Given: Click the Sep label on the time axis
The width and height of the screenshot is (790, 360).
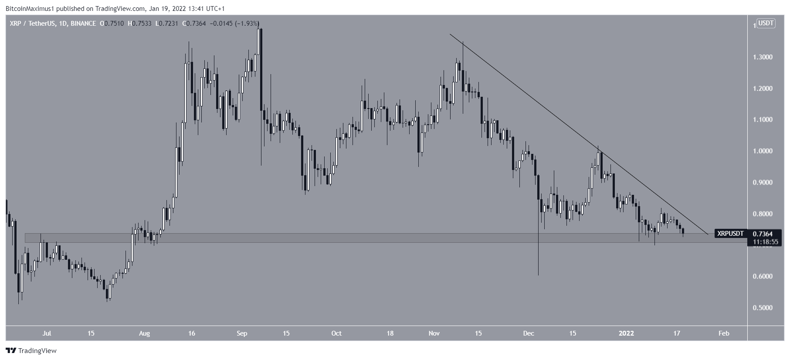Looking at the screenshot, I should [242, 333].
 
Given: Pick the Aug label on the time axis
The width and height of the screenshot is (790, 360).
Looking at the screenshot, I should [144, 333].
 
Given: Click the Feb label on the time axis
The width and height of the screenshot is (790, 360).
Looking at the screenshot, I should [723, 333].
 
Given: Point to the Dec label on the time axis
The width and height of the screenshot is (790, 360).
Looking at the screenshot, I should [529, 333].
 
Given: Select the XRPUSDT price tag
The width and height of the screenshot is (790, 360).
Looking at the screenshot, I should [730, 234].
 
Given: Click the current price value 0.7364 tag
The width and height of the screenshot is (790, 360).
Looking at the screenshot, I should [763, 234].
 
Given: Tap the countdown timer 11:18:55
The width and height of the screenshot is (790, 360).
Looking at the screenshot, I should [763, 242].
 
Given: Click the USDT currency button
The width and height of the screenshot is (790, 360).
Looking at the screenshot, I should [766, 23].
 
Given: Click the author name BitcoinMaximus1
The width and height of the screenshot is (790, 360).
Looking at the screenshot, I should [29, 9].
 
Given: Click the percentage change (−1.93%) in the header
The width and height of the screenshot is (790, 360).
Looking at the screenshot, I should [247, 24].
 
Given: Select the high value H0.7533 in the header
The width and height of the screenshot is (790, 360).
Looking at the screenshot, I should [139, 24].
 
